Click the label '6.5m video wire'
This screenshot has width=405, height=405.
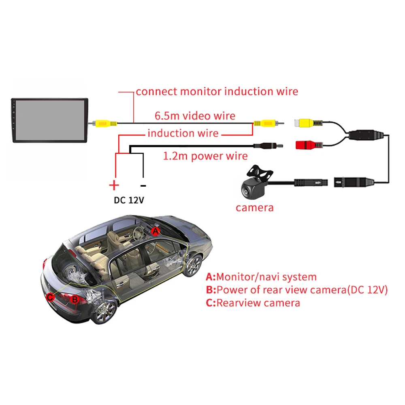pos(195,116)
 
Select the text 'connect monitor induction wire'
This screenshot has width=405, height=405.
pos(217,92)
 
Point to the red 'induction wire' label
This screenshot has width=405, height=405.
pos(183,133)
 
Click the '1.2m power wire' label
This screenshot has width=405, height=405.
pos(205,156)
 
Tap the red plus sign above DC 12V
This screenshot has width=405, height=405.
pos(114,186)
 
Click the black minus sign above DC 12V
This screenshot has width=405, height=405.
pos(143,185)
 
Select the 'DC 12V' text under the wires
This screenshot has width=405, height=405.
pos(128,200)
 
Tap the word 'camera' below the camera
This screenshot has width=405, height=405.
pos(254,208)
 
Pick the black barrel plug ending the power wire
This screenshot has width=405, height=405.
pos(267,145)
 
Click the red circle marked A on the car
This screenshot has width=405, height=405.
pos(155,231)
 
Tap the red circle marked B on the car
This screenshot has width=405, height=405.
pos(75,300)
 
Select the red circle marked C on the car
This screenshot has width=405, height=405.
pos(50,297)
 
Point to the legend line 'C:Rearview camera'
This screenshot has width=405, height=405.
pos(253,303)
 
